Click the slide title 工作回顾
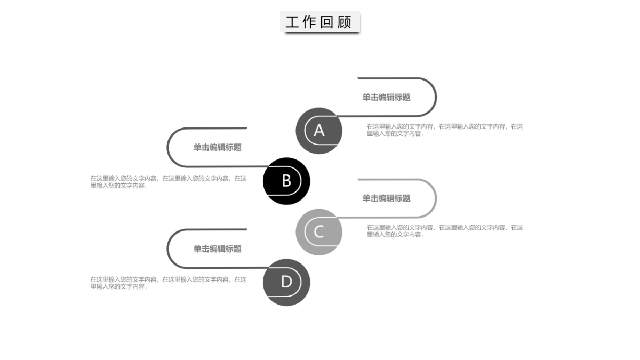[x=319, y=22]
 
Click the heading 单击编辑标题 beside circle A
[x=386, y=98]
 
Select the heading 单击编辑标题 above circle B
[x=217, y=148]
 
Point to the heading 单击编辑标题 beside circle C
[x=386, y=198]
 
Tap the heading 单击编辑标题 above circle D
[x=217, y=249]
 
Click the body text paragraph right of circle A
[x=445, y=130]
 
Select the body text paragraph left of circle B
[x=169, y=182]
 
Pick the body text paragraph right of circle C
[x=445, y=231]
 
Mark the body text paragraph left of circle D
[x=169, y=283]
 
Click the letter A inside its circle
[x=319, y=131]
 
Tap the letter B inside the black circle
[x=286, y=181]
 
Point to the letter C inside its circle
[x=319, y=232]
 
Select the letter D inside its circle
[x=286, y=282]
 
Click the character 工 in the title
[x=292, y=22]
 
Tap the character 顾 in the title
[x=345, y=22]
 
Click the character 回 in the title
[x=327, y=22]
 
